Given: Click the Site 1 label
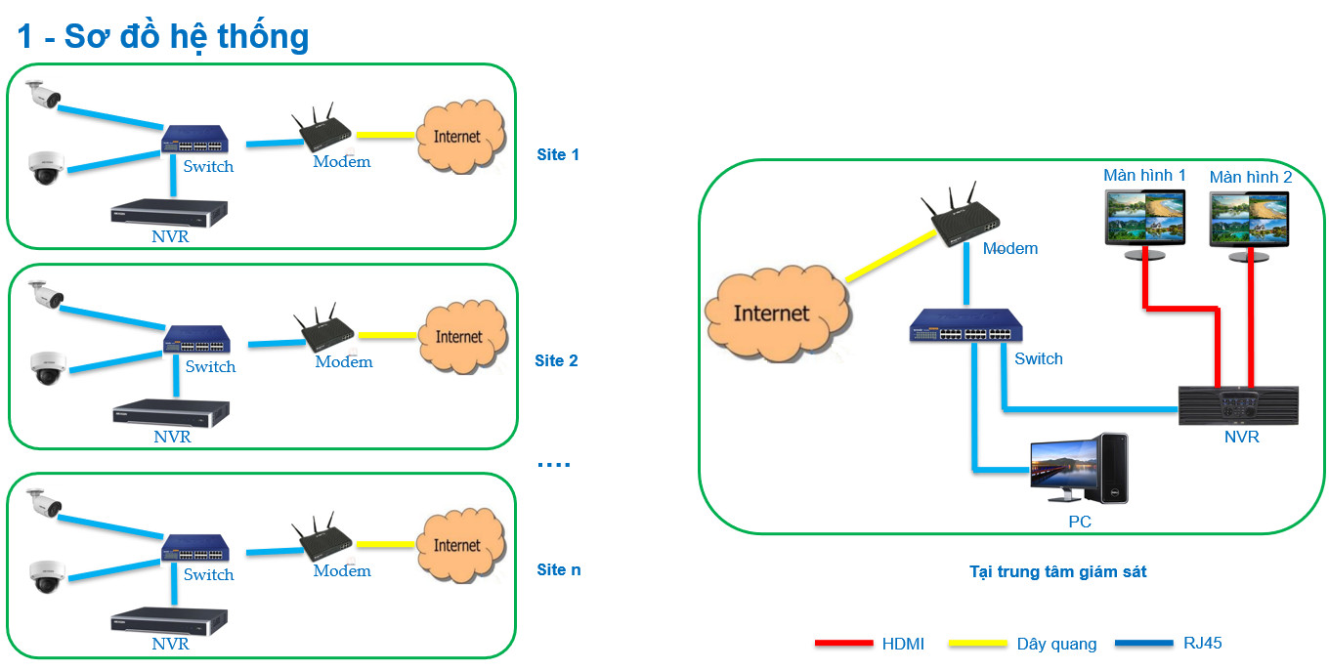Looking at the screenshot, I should (x=558, y=154).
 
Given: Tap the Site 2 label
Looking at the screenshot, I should (x=556, y=361).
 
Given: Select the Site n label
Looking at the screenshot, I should (x=559, y=569).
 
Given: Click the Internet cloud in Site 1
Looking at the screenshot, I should (x=457, y=137).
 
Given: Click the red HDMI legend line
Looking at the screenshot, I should (x=843, y=644).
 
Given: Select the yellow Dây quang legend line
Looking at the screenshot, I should (x=966, y=644).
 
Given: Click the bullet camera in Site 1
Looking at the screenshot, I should (x=43, y=94).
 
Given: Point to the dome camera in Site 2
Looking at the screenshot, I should (x=47, y=368).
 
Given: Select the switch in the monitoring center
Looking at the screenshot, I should (x=961, y=327).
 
